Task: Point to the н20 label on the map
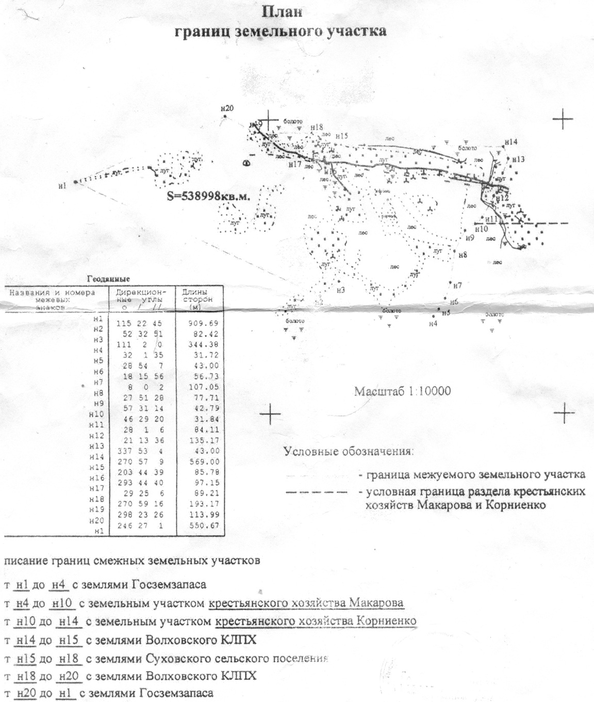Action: (226, 108)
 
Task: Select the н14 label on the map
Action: (511, 142)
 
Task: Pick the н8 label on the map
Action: (462, 255)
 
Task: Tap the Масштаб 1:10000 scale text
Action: (402, 391)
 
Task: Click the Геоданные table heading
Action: (108, 278)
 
